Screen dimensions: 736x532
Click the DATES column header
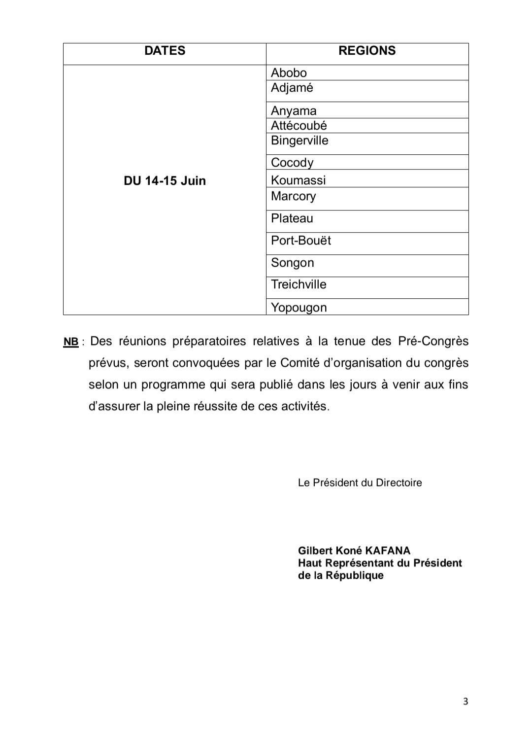165,51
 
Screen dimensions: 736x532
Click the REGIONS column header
367,51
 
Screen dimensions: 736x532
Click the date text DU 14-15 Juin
165,181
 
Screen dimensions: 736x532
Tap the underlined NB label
71,342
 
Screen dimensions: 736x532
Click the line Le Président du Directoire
360,483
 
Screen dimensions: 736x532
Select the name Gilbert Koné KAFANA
354,551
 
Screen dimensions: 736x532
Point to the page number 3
465,701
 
